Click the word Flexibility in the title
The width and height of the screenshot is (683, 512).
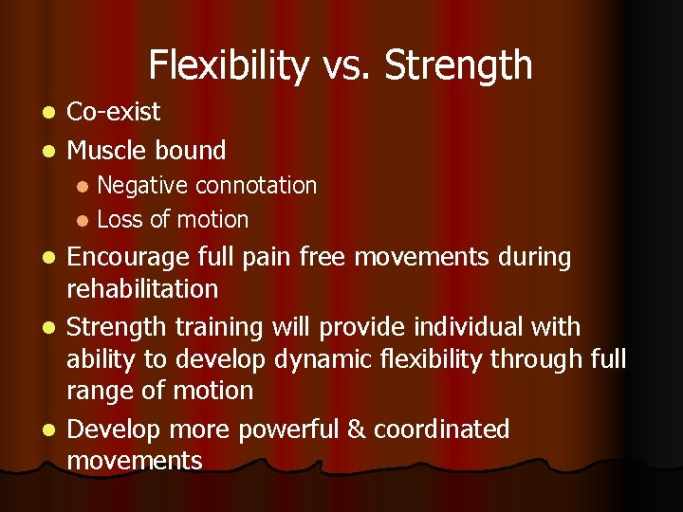228,65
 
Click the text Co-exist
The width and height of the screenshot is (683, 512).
114,112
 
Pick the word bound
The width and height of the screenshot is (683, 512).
194,150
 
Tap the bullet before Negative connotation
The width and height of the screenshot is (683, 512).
83,186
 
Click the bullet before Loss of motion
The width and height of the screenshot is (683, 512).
83,220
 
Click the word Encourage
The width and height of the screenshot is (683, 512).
129,258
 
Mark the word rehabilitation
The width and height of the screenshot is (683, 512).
142,288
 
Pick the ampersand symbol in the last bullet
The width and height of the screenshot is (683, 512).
356,430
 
